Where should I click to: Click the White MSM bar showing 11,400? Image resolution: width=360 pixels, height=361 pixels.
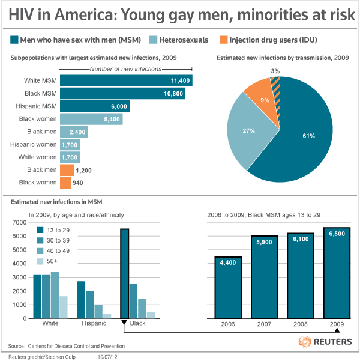coord(126,80)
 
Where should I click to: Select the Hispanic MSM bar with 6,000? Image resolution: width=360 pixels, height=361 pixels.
coord(94,106)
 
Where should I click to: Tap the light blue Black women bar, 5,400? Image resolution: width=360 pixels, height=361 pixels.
coord(91,119)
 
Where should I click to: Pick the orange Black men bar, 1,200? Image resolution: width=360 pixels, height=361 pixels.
coord(67,169)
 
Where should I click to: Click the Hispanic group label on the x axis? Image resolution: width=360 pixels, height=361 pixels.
coord(94,323)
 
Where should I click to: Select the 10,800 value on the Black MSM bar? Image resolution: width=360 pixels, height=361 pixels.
coord(175,93)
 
